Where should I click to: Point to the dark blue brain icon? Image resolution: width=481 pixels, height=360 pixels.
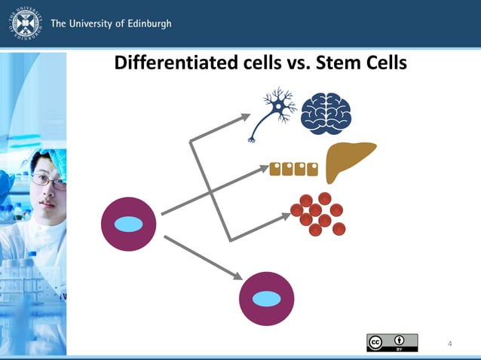(326, 114)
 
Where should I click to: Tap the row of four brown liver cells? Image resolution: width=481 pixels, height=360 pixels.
(293, 168)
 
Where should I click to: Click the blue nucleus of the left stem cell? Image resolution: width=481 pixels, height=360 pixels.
(128, 224)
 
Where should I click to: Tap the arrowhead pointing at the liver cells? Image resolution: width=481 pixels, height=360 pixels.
(264, 169)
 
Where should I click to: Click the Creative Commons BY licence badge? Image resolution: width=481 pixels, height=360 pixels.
(392, 343)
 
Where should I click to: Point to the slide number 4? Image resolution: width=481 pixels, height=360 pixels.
(450, 344)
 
